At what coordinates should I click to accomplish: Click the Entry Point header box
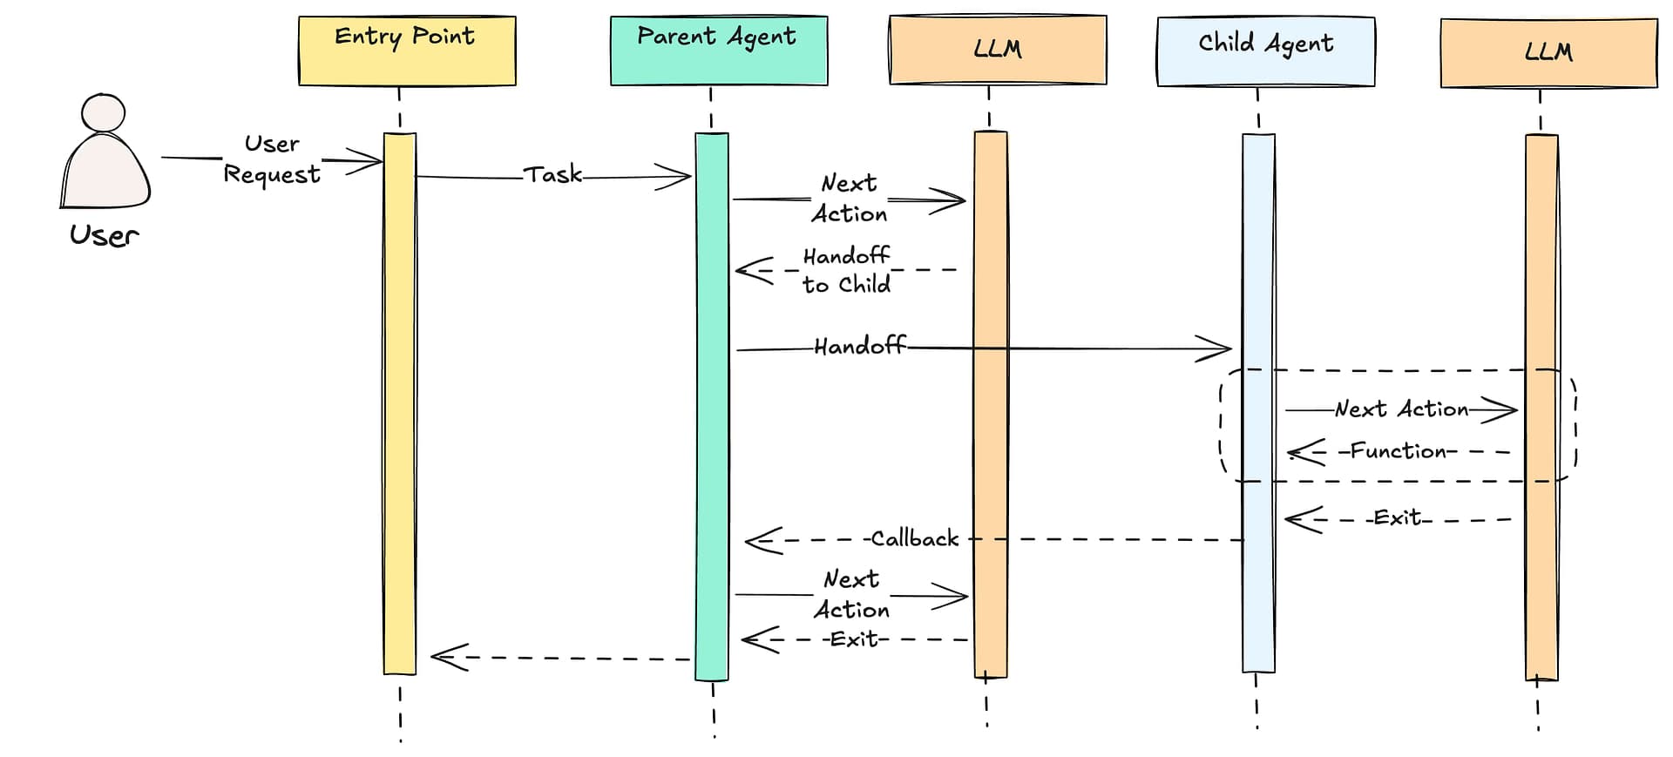pyautogui.click(x=407, y=51)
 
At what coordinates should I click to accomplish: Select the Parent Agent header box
pyautogui.click(x=718, y=51)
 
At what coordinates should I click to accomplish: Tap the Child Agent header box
pyautogui.click(x=1265, y=51)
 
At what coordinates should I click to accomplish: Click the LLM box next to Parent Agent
pyautogui.click(x=997, y=50)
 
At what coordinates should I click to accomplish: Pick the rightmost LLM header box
pyautogui.click(x=1548, y=53)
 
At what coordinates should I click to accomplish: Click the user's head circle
pyautogui.click(x=104, y=113)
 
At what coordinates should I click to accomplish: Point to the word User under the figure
pyautogui.click(x=104, y=235)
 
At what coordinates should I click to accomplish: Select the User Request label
pyautogui.click(x=272, y=159)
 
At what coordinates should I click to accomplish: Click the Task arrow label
pyautogui.click(x=552, y=175)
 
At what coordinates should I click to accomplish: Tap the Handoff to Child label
pyautogui.click(x=846, y=270)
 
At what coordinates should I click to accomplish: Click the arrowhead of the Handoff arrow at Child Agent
pyautogui.click(x=1220, y=348)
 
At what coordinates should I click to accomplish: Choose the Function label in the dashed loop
pyautogui.click(x=1398, y=451)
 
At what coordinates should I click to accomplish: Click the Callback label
pyautogui.click(x=914, y=539)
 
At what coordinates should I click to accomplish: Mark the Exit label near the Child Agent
pyautogui.click(x=1398, y=518)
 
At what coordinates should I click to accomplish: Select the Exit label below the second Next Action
pyautogui.click(x=854, y=639)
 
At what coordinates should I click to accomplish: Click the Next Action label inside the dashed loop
pyautogui.click(x=1401, y=409)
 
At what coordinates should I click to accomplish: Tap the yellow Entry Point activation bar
pyautogui.click(x=400, y=401)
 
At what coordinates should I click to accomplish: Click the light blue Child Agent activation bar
pyautogui.click(x=1258, y=401)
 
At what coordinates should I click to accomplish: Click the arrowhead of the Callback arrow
pyautogui.click(x=756, y=540)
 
